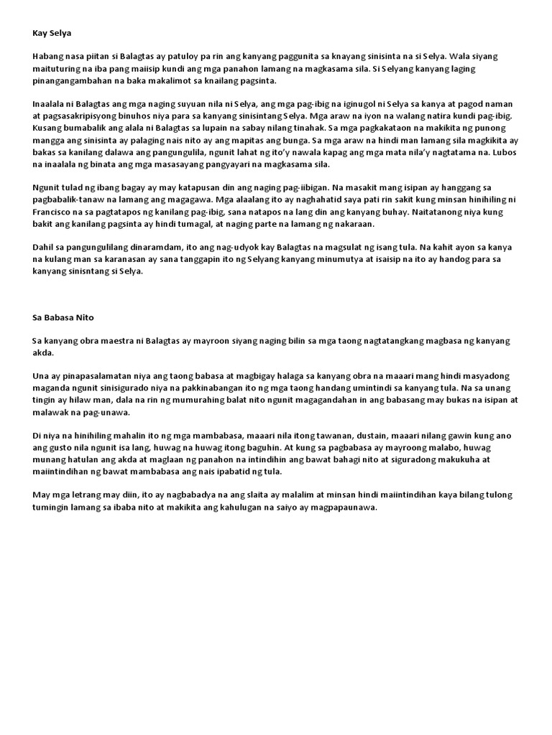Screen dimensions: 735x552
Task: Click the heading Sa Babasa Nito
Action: coord(63,317)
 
